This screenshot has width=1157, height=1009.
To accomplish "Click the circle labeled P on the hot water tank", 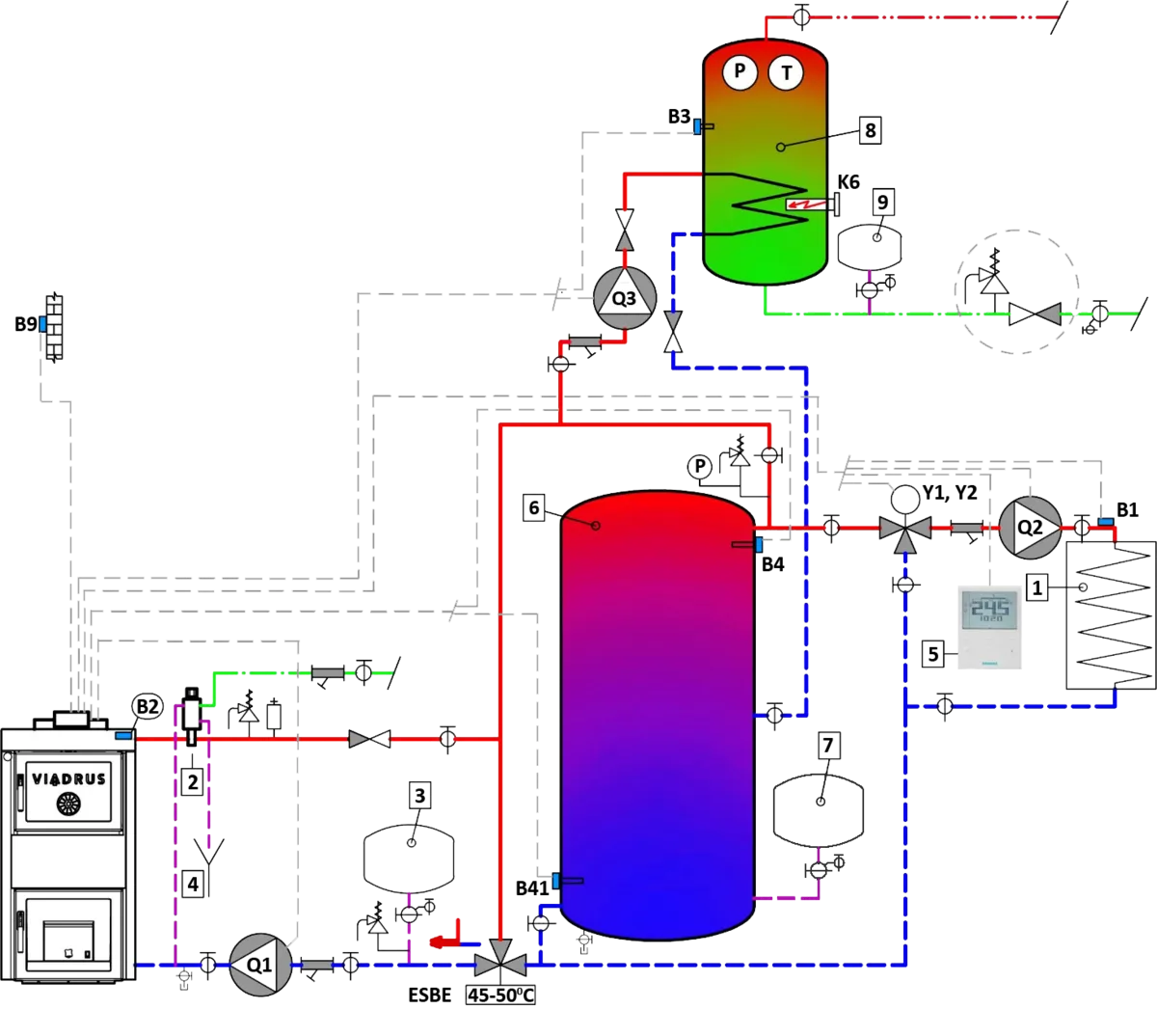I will pos(740,71).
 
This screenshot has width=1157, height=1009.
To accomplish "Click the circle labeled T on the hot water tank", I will pos(786,71).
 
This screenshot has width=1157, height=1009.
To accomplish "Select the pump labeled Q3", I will pos(624,298).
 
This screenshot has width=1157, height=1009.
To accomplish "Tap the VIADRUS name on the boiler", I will pos(68,778).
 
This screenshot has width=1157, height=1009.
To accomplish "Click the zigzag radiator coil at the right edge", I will pos(1110,616).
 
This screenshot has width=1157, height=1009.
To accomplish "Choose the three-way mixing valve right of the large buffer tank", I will pos(904,529).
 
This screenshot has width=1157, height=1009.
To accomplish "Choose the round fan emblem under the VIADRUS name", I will pos(68,803).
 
